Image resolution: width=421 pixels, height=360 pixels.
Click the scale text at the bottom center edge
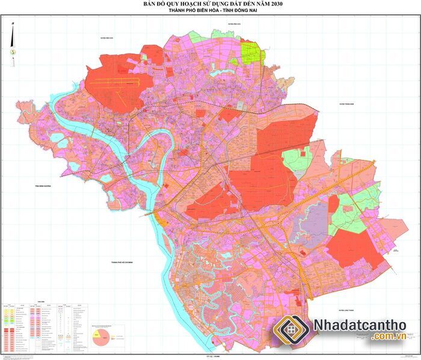210,357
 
